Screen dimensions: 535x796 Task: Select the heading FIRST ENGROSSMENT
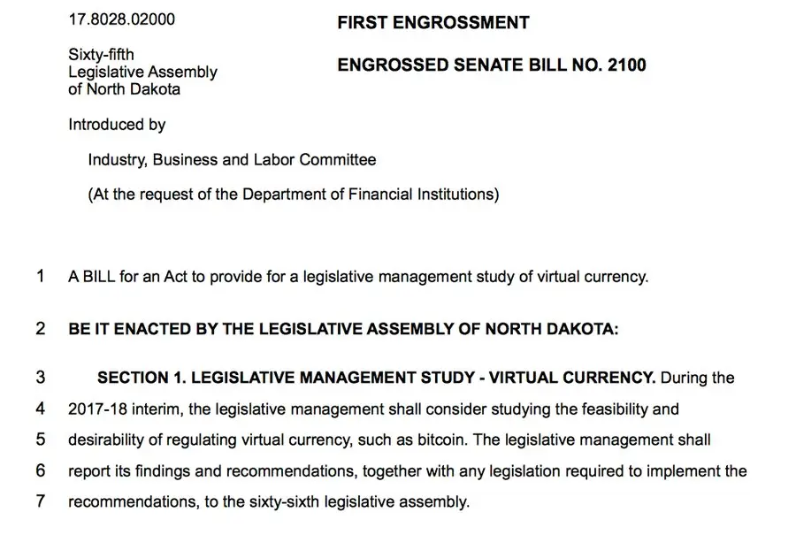[x=432, y=23]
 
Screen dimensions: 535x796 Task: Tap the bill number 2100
[x=627, y=65]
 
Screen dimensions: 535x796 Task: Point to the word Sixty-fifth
[x=101, y=57]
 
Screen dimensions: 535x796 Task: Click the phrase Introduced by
[x=117, y=125]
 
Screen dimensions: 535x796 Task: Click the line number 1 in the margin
[x=41, y=276]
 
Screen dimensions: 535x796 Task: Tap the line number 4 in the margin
[x=41, y=410]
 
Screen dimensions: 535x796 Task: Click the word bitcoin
[x=461, y=439]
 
